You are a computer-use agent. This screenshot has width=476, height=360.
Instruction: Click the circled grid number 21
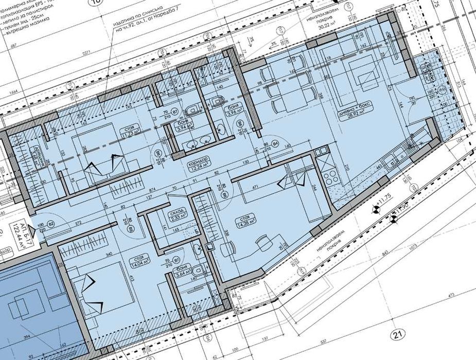pos(396,335)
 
